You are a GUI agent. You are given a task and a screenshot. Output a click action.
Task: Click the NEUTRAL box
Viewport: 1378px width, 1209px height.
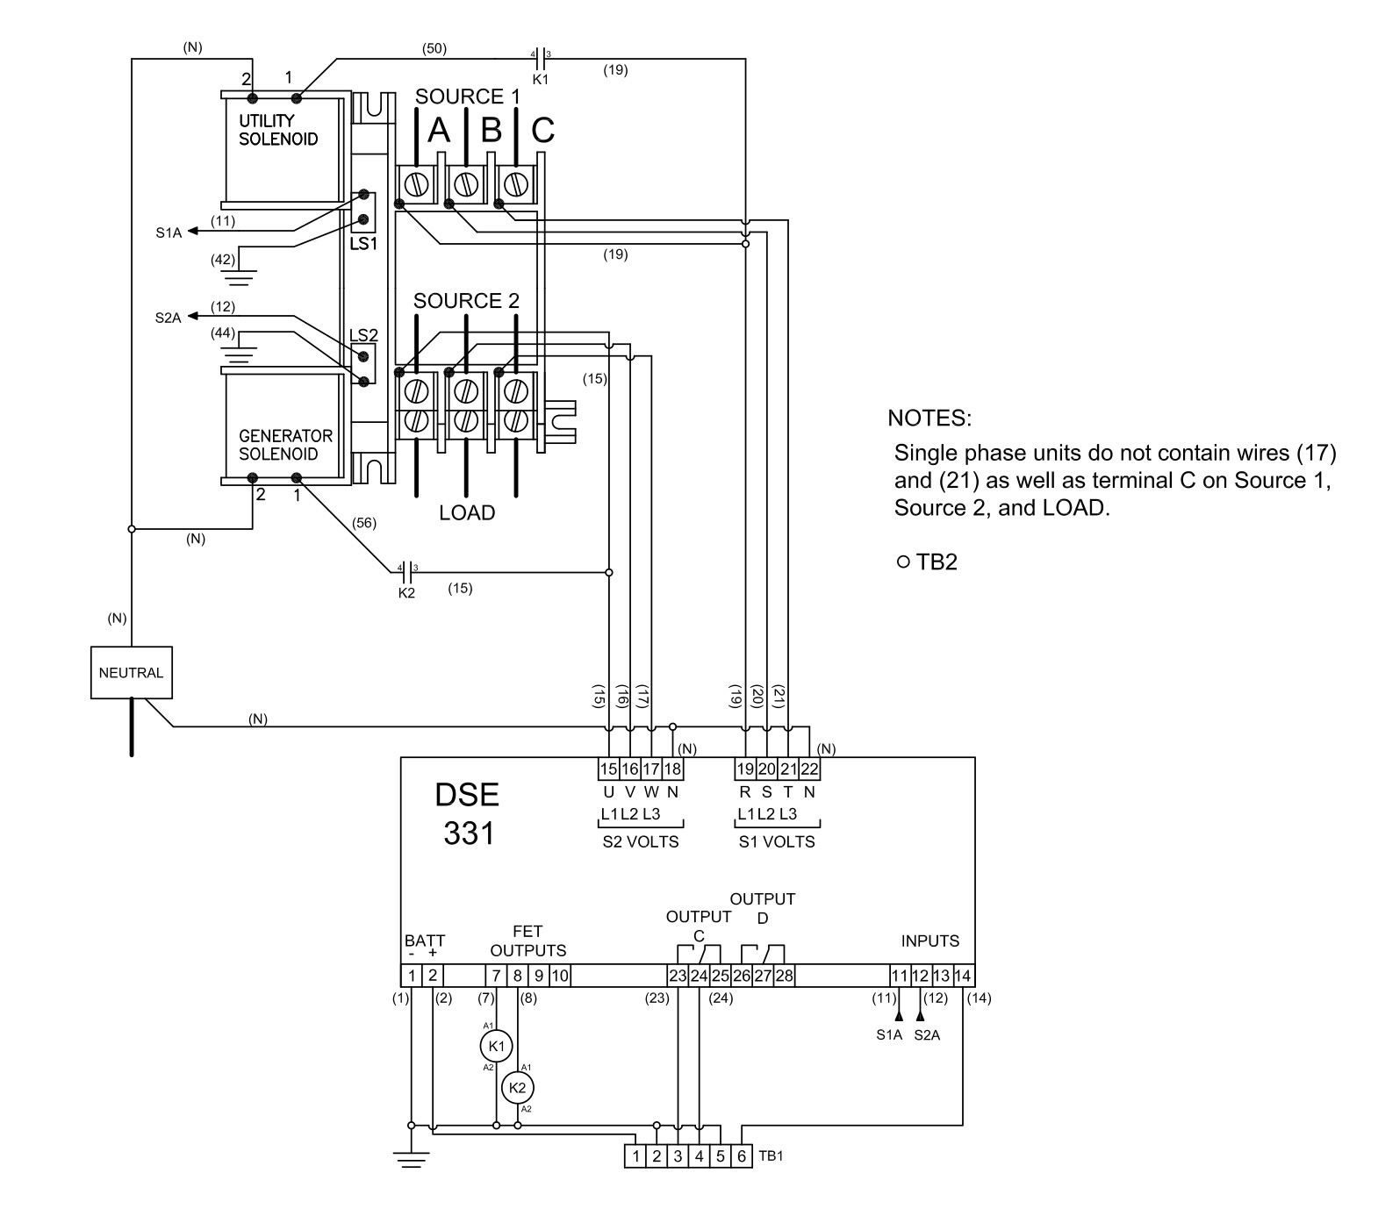[x=132, y=673]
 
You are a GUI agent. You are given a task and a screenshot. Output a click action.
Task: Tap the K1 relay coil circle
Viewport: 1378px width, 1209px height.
[x=496, y=1046]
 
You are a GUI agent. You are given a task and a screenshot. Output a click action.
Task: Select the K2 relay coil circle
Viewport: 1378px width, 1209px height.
[x=518, y=1088]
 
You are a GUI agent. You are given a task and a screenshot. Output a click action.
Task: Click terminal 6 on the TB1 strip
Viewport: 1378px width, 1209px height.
[x=742, y=1156]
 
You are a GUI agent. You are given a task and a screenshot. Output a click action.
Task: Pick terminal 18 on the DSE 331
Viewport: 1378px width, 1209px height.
[x=672, y=769]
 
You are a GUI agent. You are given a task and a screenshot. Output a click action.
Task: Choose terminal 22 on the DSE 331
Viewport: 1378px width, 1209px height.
[x=808, y=769]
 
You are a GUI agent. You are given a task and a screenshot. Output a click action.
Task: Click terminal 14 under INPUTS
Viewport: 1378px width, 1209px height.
[x=963, y=976]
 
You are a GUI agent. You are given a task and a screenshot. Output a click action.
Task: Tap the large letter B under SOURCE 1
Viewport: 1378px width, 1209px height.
[x=492, y=131]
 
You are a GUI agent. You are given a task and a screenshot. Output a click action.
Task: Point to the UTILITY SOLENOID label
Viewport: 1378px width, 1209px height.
[x=278, y=130]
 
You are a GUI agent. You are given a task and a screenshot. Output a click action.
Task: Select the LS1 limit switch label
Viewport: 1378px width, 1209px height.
[x=363, y=244]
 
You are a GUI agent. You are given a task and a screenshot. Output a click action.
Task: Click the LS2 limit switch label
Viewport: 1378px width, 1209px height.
[x=363, y=335]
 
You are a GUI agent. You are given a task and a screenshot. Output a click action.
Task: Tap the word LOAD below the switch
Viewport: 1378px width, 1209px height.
[x=467, y=513]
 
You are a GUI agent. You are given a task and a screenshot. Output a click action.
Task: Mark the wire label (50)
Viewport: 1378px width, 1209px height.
[x=434, y=49]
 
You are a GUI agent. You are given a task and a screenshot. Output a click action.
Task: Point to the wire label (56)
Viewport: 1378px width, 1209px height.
[x=363, y=523]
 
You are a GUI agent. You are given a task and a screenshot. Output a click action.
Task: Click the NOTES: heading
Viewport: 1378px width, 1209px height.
[x=929, y=418]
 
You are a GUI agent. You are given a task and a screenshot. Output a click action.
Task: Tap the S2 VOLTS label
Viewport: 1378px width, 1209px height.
[x=641, y=842]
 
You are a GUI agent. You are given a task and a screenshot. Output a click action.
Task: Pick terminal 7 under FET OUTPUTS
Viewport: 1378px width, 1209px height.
[x=496, y=976]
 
